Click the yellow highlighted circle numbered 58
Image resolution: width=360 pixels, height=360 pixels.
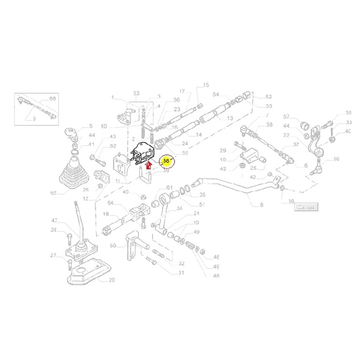pos(166,162)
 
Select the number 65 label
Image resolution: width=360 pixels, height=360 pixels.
pos(54,193)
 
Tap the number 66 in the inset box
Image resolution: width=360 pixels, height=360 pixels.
pos(53,99)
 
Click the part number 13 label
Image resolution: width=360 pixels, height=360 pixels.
pos(230,118)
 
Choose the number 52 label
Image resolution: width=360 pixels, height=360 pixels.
pos(269,97)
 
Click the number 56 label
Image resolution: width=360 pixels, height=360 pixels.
pos(337,159)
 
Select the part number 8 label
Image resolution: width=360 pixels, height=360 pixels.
pos(262,205)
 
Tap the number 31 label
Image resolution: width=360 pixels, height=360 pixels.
pos(181,273)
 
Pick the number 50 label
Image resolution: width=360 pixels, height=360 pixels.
pos(113,246)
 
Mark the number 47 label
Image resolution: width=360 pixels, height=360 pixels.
pos(54,220)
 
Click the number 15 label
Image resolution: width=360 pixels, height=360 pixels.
pos(206,85)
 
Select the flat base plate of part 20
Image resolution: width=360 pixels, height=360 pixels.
pos(86,272)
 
